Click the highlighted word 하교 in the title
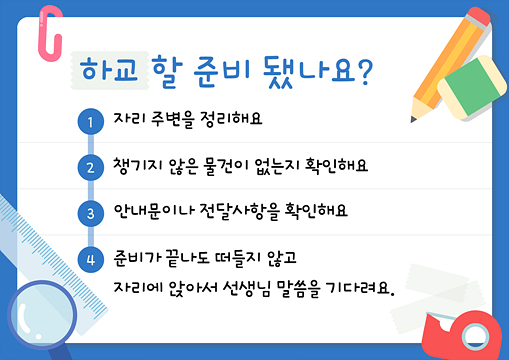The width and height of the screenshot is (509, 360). [109, 69]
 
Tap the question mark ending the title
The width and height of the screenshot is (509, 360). [364, 73]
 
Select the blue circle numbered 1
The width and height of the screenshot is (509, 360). [91, 122]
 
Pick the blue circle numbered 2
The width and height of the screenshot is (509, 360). [91, 168]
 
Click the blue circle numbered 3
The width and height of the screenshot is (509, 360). [91, 214]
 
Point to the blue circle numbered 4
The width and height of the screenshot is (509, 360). [91, 260]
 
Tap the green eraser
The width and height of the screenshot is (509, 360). [472, 87]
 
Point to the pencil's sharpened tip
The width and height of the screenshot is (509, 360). [413, 119]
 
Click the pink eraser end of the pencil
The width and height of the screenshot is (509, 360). [479, 16]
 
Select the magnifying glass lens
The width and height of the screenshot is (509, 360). [42, 315]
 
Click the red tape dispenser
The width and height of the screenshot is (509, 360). [462, 335]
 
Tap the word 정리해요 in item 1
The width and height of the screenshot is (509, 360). [231, 119]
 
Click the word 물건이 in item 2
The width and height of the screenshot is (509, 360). [223, 166]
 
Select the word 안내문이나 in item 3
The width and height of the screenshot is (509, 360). [154, 211]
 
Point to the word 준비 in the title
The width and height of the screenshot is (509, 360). [222, 71]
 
